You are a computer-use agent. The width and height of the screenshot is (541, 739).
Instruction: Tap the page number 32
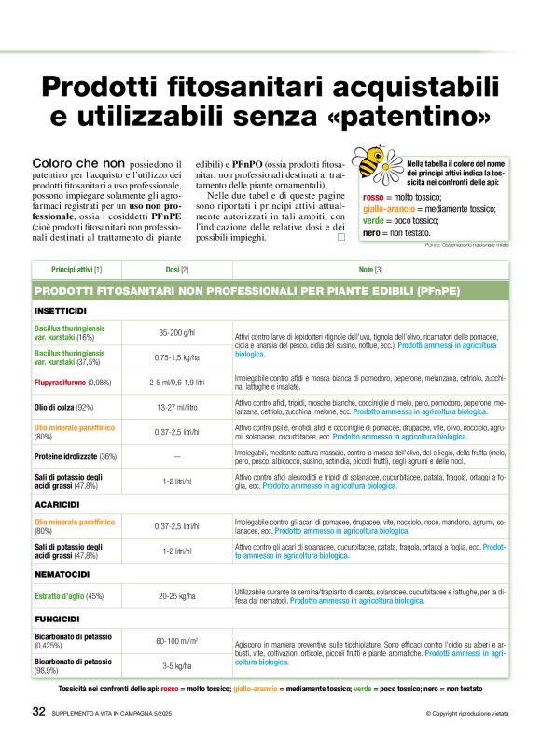(38, 712)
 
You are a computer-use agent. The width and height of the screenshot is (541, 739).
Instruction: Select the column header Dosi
(177, 270)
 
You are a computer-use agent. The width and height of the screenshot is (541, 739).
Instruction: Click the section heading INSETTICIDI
(62, 310)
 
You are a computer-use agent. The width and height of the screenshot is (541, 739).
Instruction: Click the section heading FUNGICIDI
(59, 619)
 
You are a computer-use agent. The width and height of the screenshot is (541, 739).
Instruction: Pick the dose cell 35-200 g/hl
(177, 333)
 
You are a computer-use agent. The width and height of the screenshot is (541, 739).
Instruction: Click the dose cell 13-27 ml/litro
(177, 407)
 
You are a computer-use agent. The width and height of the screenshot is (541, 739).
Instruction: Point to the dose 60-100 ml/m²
(177, 641)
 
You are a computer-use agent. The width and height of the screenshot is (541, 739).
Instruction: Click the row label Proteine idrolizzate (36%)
(76, 457)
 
